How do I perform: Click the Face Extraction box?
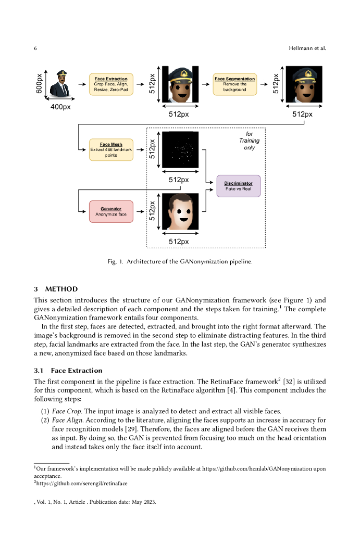click(111, 84)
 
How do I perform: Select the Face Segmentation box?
click(234, 84)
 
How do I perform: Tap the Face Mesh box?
click(111, 149)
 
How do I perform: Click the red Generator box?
click(111, 211)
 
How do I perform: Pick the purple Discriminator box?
click(238, 186)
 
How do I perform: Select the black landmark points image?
click(180, 149)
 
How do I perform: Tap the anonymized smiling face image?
click(180, 211)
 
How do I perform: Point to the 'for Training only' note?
click(249, 141)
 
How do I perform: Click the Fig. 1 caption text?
click(180, 261)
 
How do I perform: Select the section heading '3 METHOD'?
click(56, 289)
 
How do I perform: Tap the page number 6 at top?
click(35, 48)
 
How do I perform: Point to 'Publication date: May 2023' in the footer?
click(125, 503)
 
